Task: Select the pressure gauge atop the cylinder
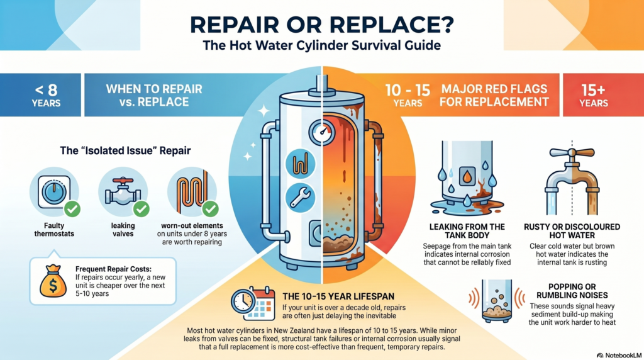(x=324, y=133)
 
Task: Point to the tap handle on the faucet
(x=572, y=153)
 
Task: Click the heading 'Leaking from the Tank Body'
(x=467, y=230)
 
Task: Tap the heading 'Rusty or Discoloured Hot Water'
(x=572, y=230)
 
